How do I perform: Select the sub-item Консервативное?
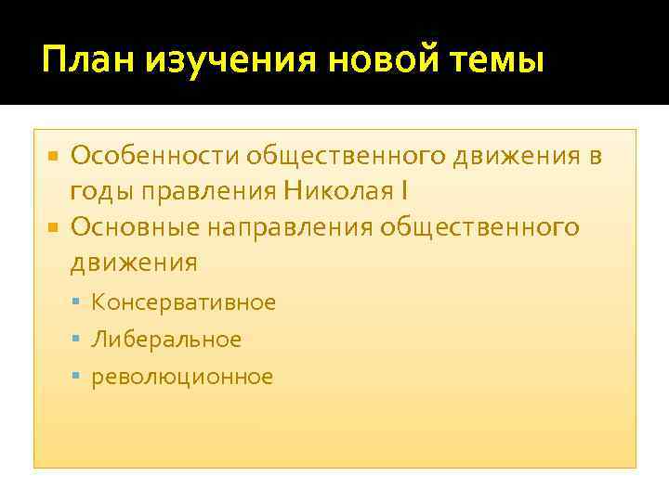click(x=183, y=302)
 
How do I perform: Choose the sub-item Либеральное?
click(x=166, y=340)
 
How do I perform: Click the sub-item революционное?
click(x=182, y=377)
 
